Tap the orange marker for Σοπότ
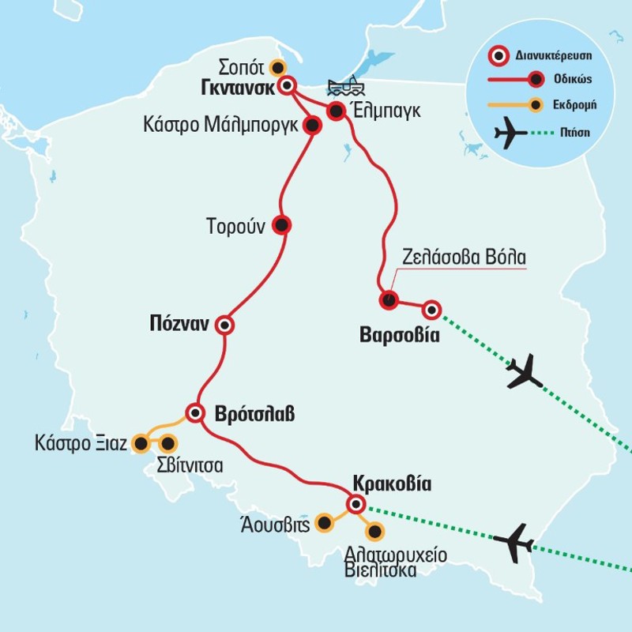tap(276, 66)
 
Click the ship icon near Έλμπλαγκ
tap(340, 87)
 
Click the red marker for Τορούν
tap(280, 224)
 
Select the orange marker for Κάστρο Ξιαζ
tap(141, 444)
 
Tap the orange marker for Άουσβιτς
tap(324, 522)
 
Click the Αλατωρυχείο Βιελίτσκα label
tap(396, 562)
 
